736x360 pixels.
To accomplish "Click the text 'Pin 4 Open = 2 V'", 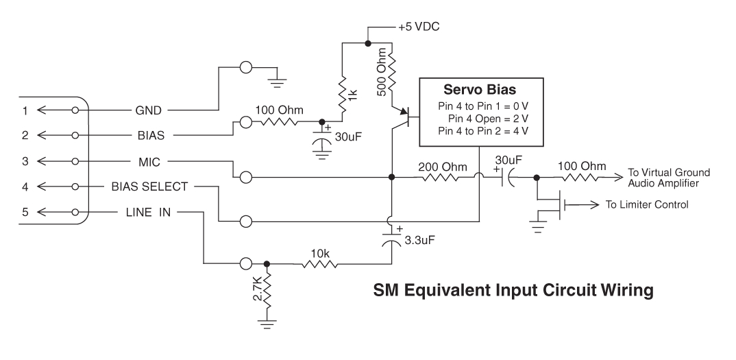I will tap(493, 118).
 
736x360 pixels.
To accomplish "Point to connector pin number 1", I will tap(25, 109).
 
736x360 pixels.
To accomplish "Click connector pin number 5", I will tap(25, 212).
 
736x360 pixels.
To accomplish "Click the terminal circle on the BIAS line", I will tap(246, 123).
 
